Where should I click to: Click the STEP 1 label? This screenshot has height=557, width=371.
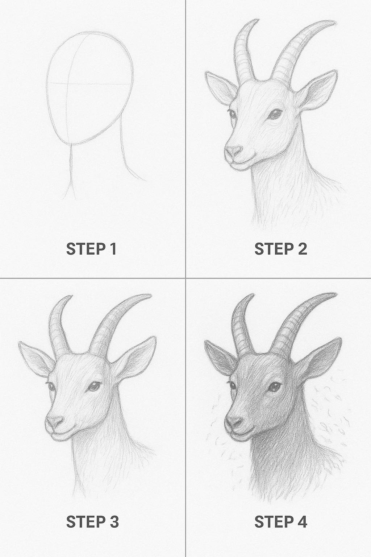click(x=91, y=249)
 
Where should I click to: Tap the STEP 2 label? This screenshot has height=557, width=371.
click(x=281, y=249)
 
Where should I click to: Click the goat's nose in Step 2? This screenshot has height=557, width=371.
click(x=234, y=151)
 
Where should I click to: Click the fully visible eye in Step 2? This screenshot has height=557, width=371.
click(x=276, y=114)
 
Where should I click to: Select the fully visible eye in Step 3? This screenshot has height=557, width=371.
click(x=95, y=386)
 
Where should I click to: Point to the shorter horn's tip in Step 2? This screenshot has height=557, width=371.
click(x=257, y=20)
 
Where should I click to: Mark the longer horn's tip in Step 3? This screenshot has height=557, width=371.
click(x=151, y=295)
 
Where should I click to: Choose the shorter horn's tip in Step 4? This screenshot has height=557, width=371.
click(x=254, y=295)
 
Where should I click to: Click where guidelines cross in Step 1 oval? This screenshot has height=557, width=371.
click(x=68, y=83)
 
